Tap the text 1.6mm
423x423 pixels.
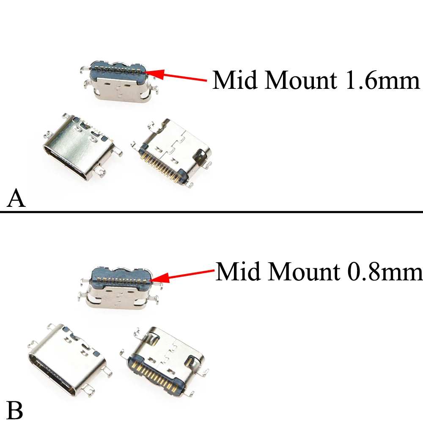(x=382, y=80)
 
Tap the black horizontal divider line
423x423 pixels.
(x=211, y=211)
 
